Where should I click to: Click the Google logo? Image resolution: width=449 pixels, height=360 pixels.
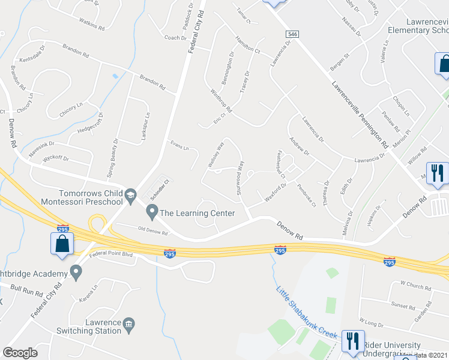click(x=20, y=353)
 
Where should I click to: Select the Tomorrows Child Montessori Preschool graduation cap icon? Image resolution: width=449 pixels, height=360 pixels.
click(x=130, y=195)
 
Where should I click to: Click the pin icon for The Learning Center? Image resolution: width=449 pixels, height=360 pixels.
click(x=152, y=211)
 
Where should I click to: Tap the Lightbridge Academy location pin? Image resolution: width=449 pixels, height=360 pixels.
click(x=76, y=274)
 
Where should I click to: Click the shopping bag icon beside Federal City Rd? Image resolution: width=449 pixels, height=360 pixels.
click(x=61, y=244)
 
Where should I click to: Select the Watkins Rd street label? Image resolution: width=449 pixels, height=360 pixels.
click(x=93, y=27)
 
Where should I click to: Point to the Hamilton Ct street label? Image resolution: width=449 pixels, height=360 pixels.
click(x=247, y=44)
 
